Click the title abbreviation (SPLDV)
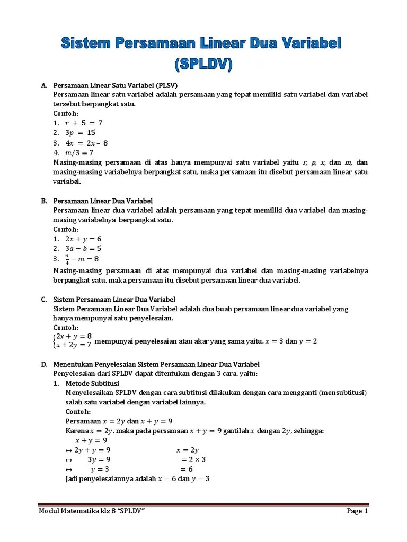pos(203,64)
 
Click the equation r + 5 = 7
pos(83,123)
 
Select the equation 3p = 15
pos(80,133)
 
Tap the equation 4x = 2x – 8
pos(86,143)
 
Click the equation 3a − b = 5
pos(83,248)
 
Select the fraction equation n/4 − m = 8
pos(82,259)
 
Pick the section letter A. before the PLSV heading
pos(44,85)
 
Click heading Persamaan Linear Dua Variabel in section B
pos(103,201)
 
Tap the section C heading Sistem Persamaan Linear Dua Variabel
pos(114,300)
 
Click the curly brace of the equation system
pos(55,340)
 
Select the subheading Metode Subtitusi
pos(92,383)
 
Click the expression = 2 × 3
pos(193,459)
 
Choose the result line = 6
pos(187,469)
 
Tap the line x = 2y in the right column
pos(187,450)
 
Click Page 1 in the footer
pos(357,511)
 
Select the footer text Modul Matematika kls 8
pos(77,511)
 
